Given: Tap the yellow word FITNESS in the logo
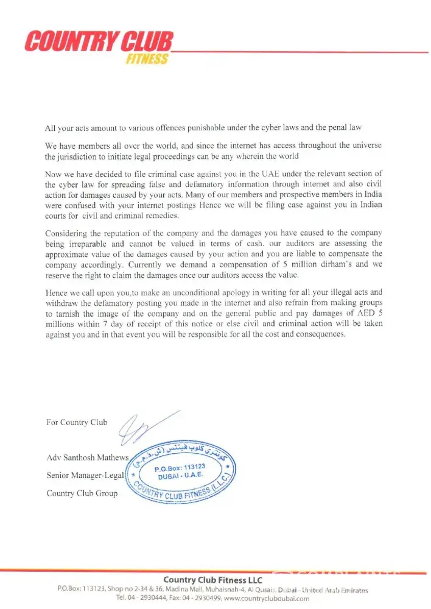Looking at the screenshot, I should point(147,59).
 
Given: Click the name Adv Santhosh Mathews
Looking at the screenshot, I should point(87,457).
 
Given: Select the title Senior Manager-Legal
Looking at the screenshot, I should point(85,475).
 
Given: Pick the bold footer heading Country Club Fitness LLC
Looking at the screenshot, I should point(213,580).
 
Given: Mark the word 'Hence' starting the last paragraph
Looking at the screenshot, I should point(56,293).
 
